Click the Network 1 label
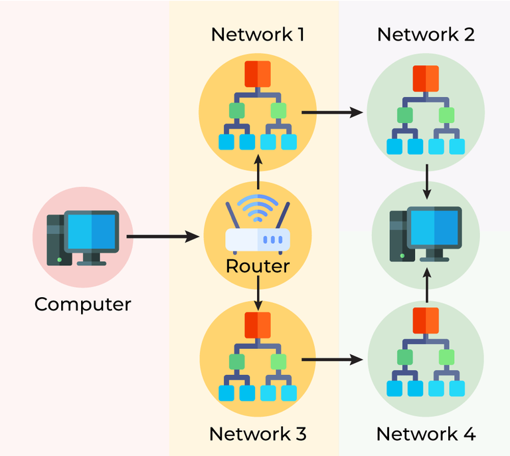258,35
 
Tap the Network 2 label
426,35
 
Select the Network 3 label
258,434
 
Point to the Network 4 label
426,435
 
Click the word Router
258,267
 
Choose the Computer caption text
83,304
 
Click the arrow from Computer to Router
163,236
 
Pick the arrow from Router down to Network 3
258,296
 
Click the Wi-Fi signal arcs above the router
258,207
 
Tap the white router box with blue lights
258,239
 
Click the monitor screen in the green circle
434,227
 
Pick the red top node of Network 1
258,73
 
